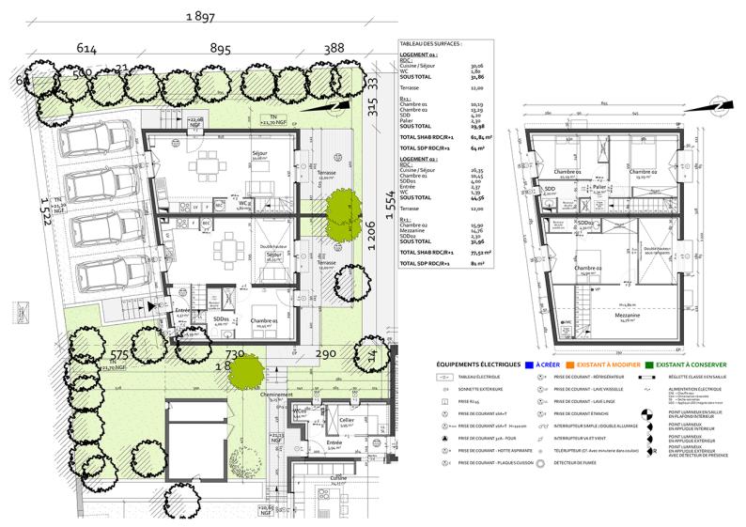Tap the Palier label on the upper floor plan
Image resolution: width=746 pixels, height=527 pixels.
[x=598, y=188]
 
